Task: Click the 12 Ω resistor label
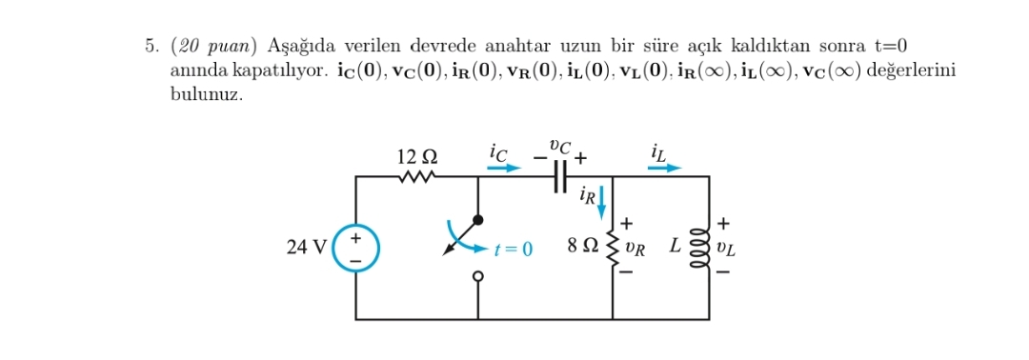pyautogui.click(x=416, y=154)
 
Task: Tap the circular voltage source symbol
pyautogui.click(x=356, y=247)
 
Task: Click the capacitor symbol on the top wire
pyautogui.click(x=560, y=176)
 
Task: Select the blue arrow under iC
pyautogui.click(x=504, y=168)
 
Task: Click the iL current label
pyautogui.click(x=659, y=150)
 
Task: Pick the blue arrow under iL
pyautogui.click(x=665, y=168)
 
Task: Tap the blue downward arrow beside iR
pyautogui.click(x=601, y=201)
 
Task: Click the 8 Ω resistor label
pyautogui.click(x=582, y=247)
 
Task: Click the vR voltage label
pyautogui.click(x=635, y=249)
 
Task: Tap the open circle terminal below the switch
pyautogui.click(x=477, y=276)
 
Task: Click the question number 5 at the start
pyautogui.click(x=152, y=45)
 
